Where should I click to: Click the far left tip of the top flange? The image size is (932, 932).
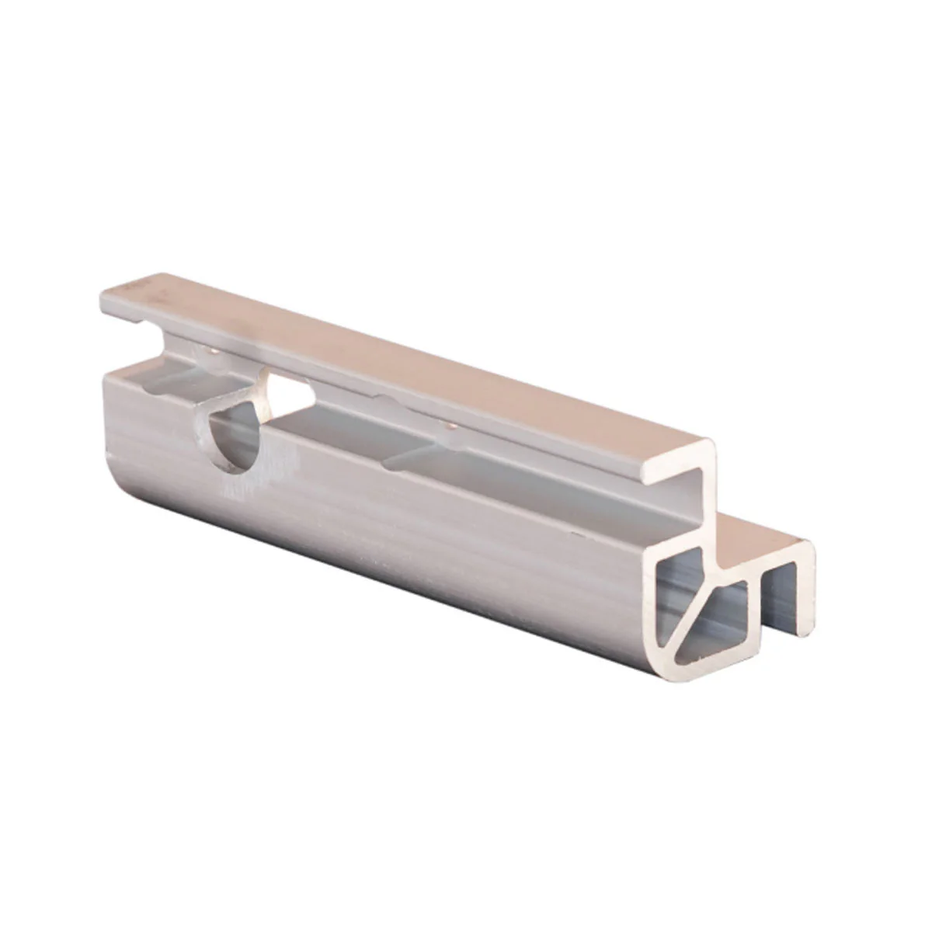click(x=105, y=299)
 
